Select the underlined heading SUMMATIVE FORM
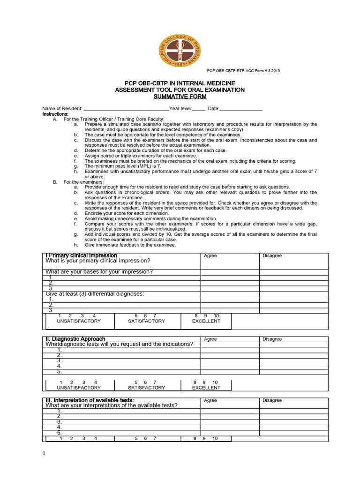[x=180, y=97]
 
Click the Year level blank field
[x=199, y=109]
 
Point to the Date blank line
[x=241, y=109]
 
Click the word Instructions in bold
[x=55, y=114]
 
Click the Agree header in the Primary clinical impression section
[x=210, y=256]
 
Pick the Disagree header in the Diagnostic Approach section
[x=272, y=339]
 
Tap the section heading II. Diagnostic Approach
[x=75, y=339]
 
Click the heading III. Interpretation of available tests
[x=90, y=400]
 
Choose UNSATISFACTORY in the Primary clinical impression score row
[x=79, y=321]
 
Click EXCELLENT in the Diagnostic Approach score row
[x=206, y=388]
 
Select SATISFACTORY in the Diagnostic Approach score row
[x=146, y=388]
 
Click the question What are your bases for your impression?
[x=99, y=272]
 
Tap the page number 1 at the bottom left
[x=44, y=454]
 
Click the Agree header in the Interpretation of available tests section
[x=210, y=400]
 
